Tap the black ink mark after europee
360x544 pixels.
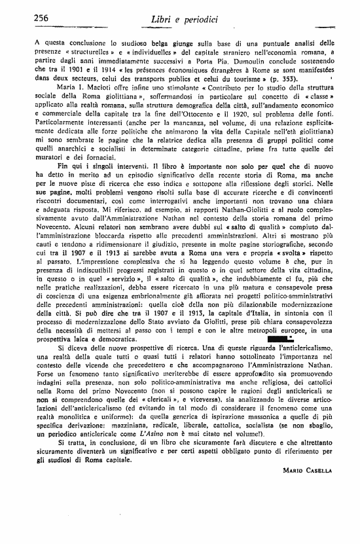[283, 338]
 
